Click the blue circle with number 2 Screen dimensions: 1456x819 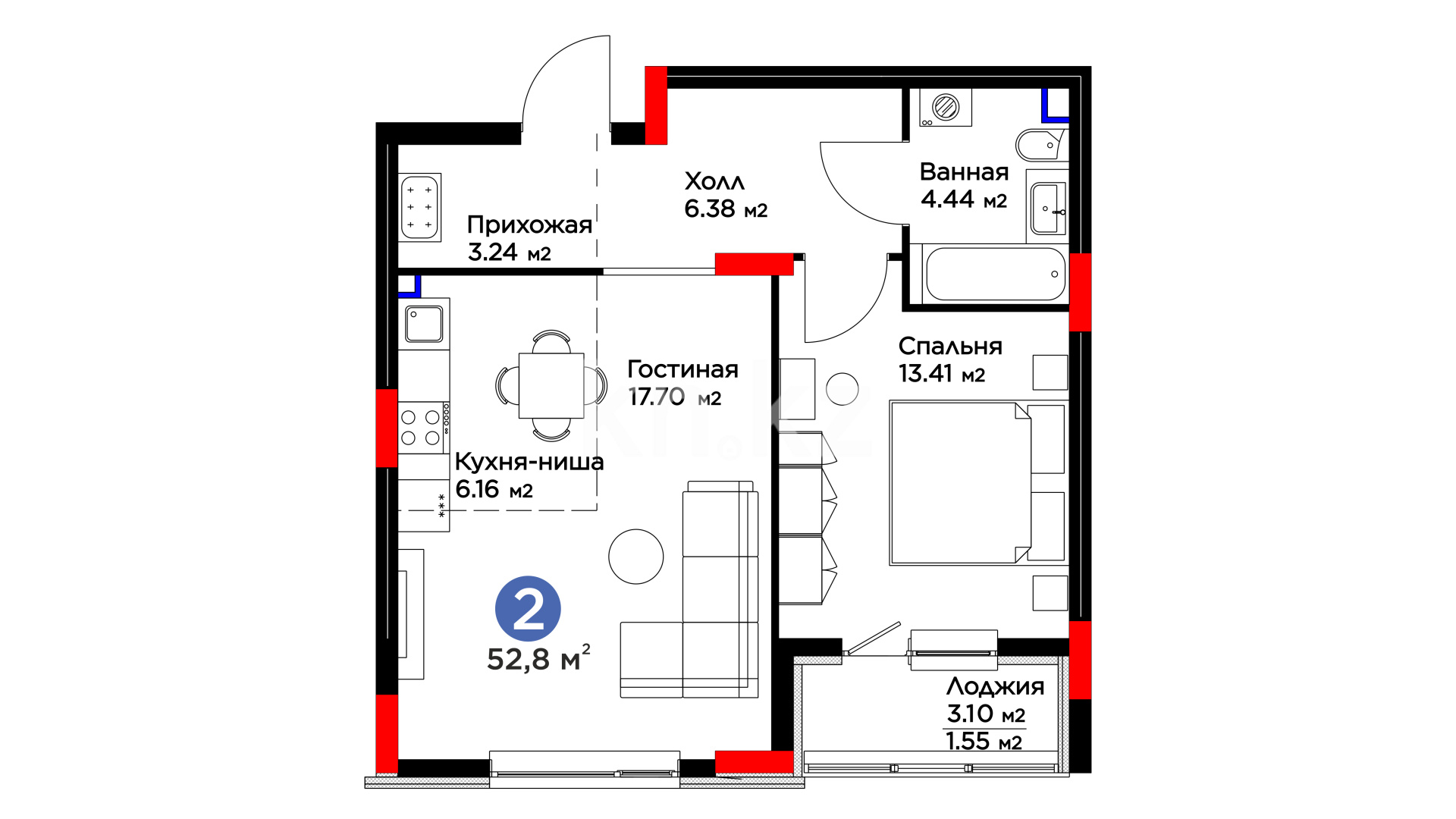[528, 609]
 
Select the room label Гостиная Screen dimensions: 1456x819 [682, 369]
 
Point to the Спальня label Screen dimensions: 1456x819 [950, 347]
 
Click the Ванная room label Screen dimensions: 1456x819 [964, 172]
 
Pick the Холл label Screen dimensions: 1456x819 [714, 181]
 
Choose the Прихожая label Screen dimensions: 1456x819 [529, 224]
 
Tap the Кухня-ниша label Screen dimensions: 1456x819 [529, 461]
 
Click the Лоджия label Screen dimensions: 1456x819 [995, 687]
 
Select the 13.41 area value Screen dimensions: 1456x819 [925, 373]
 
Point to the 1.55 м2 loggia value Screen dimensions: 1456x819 [984, 741]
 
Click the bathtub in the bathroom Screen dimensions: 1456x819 [995, 274]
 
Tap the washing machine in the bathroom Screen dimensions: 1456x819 [946, 107]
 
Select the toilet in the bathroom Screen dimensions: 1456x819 [1040, 145]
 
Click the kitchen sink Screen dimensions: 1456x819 [424, 324]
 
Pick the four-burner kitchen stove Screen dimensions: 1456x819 [423, 427]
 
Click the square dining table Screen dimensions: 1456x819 [551, 385]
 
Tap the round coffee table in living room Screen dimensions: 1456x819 [635, 557]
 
